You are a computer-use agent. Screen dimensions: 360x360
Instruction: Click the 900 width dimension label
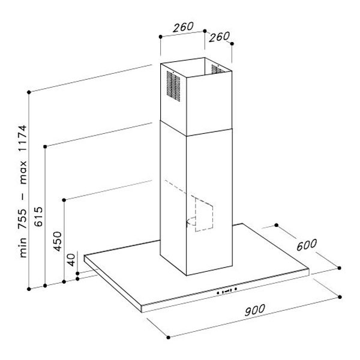254,310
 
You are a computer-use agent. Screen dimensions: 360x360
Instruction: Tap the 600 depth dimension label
307,245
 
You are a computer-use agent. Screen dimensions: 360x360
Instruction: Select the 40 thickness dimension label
71,260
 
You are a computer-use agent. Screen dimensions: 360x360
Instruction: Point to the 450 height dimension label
58,241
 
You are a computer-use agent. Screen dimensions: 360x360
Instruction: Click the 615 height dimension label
38,217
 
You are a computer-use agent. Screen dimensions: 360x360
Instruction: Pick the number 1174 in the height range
23,138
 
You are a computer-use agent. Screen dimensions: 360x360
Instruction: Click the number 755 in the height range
23,219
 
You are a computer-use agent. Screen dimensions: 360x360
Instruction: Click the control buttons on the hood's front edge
226,291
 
